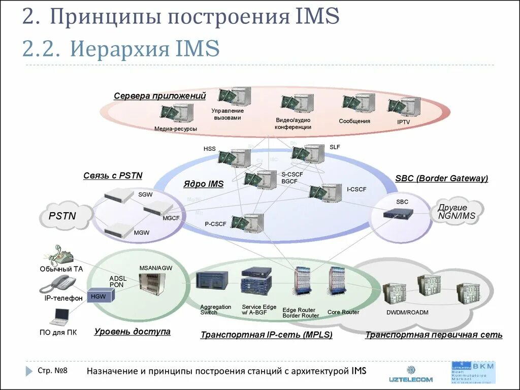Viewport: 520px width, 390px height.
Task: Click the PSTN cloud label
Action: (x=62, y=216)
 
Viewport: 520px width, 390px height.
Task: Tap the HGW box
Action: (x=97, y=296)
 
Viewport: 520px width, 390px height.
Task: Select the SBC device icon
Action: (x=398, y=214)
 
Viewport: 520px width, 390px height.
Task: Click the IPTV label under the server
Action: (x=404, y=122)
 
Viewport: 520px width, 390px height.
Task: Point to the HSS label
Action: (x=209, y=149)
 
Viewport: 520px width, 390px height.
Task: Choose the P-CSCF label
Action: (x=215, y=223)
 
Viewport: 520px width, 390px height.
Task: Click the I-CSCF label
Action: (x=356, y=189)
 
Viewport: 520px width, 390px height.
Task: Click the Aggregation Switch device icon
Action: (x=212, y=281)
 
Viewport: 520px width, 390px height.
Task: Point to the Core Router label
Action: (x=343, y=312)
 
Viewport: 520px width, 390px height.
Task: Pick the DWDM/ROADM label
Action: (x=407, y=312)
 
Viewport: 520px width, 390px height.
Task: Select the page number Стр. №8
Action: (x=52, y=371)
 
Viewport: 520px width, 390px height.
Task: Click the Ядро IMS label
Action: (x=203, y=184)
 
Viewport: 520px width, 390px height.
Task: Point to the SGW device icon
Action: (x=118, y=196)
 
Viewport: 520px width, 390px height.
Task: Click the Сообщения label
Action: (x=354, y=121)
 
